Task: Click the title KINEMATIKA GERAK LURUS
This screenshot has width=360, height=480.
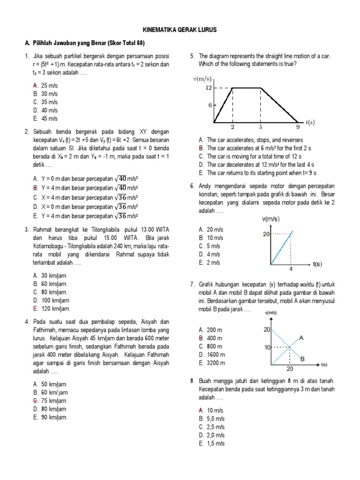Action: click(180, 30)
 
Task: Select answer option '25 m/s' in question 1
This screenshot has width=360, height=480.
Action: click(50, 86)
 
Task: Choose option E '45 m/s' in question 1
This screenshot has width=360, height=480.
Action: click(50, 119)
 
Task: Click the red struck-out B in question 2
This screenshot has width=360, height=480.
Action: click(36, 187)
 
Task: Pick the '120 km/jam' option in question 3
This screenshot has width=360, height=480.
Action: click(55, 308)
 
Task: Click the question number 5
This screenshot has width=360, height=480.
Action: click(192, 56)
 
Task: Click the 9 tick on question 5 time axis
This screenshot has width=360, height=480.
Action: click(298, 127)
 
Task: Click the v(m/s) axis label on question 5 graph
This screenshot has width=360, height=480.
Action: click(202, 78)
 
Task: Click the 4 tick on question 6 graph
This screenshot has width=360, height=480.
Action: click(291, 269)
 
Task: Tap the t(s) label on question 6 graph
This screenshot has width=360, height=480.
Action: click(317, 264)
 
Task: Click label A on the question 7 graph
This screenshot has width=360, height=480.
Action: click(301, 337)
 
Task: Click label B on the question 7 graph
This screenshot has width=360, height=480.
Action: click(303, 359)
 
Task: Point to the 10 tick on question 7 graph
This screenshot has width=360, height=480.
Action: click(267, 347)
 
